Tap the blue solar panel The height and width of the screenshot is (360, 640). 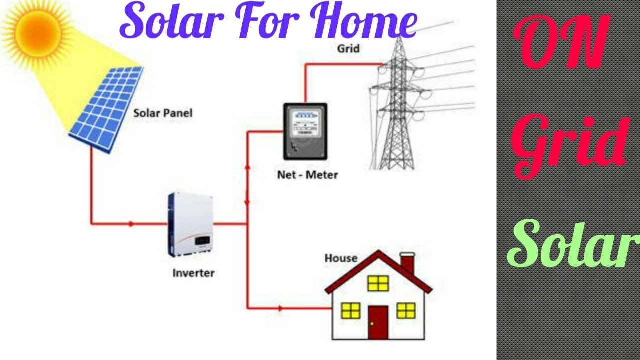point(106,107)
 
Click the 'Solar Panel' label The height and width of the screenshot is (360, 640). point(163,113)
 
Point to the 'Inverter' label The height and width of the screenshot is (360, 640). point(193,273)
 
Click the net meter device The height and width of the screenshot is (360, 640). point(305,131)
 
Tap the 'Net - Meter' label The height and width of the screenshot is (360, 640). point(307,175)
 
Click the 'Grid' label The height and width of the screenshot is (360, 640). point(348,49)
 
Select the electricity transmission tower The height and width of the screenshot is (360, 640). point(398,105)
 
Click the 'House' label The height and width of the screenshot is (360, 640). point(341,258)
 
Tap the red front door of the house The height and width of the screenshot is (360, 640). point(378,322)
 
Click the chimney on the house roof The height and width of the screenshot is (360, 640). point(407,262)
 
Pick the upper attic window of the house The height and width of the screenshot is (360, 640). point(378,283)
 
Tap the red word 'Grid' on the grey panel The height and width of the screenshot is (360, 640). point(570,145)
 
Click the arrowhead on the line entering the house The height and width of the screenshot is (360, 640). point(280,308)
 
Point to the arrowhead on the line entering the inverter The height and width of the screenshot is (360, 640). point(131,224)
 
